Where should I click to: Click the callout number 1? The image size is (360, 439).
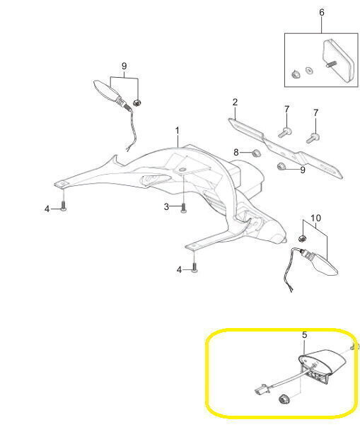pyautogui.click(x=177, y=131)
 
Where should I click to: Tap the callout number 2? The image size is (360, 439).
pyautogui.click(x=235, y=102)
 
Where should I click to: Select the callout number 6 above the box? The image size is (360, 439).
pyautogui.click(x=322, y=12)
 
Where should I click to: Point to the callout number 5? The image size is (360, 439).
pyautogui.click(x=305, y=335)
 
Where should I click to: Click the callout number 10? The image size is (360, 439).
pyautogui.click(x=315, y=218)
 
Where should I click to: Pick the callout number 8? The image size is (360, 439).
pyautogui.click(x=236, y=152)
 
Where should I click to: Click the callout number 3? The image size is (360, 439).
pyautogui.click(x=166, y=206)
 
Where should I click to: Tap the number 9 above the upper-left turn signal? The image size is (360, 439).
pyautogui.click(x=124, y=66)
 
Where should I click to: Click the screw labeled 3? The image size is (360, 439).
pyautogui.click(x=183, y=208)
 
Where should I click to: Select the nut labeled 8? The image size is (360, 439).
pyautogui.click(x=256, y=153)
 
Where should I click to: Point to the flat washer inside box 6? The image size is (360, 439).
pyautogui.click(x=309, y=70)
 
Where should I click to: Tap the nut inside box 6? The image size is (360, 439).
pyautogui.click(x=295, y=74)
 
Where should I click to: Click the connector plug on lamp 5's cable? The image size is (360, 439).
pyautogui.click(x=261, y=390)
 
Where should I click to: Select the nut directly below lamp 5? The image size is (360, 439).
pyautogui.click(x=284, y=399)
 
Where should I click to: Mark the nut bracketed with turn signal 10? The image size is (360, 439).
pyautogui.click(x=302, y=238)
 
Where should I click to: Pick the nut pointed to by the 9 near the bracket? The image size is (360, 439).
pyautogui.click(x=281, y=166)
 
